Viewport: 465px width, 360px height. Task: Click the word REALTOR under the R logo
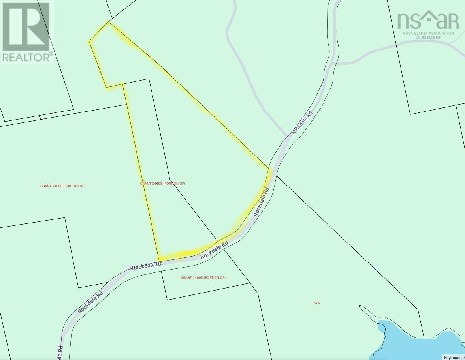pos(26,57)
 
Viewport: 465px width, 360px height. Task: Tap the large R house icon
pos(26,26)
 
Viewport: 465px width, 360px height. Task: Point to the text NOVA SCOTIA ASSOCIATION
pos(428,33)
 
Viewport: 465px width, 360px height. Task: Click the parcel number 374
pos(316,303)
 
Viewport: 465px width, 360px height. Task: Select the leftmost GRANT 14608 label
pos(62,186)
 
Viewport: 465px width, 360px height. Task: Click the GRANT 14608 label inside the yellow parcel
pos(162,184)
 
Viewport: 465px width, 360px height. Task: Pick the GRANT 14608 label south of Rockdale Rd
pos(203,277)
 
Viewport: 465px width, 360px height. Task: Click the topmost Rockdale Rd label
pos(302,122)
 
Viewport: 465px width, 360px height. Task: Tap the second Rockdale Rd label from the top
pos(261,202)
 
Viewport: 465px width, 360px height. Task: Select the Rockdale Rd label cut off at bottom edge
pos(60,352)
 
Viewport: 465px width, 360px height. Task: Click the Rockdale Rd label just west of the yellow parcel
pos(147,266)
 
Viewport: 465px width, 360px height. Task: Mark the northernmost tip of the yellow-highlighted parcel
pos(108,22)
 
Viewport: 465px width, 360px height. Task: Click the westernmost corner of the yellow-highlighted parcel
pos(89,41)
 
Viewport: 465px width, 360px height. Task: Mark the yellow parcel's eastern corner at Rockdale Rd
pos(271,169)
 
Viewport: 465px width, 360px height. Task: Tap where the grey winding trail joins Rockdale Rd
pos(288,137)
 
